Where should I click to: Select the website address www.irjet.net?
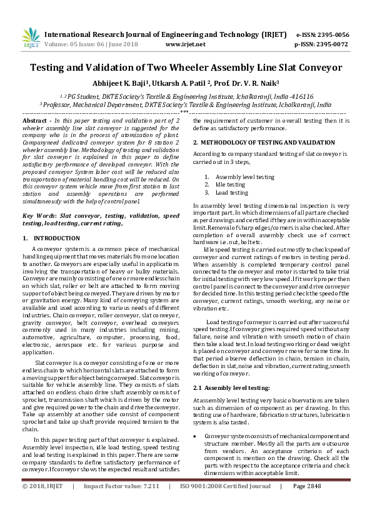185,44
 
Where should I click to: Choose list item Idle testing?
230,185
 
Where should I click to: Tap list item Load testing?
231,193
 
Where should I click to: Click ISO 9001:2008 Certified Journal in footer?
226,486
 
